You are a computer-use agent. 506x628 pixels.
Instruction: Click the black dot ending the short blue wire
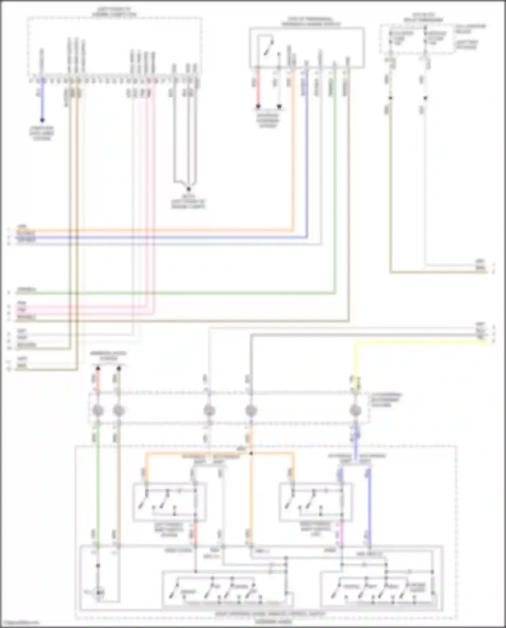point(42,120)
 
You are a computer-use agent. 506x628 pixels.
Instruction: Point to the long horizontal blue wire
point(169,237)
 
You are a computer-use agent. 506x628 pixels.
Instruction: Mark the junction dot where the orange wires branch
point(251,453)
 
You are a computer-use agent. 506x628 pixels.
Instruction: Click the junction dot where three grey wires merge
point(189,189)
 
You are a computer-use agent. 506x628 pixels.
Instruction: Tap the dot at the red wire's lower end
point(258,106)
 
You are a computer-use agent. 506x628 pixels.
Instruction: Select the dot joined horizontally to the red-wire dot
point(279,106)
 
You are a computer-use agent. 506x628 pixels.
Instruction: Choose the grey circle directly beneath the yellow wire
point(355,411)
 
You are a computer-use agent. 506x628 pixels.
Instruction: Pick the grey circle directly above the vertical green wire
point(98,411)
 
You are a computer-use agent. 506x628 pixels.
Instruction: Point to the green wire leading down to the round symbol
point(98,489)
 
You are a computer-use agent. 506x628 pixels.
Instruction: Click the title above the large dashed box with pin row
point(115,12)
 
